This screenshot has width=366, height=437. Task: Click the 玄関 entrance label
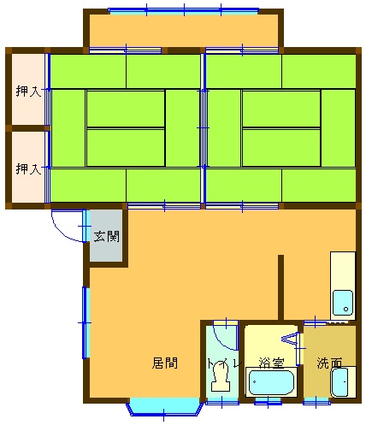click(x=106, y=236)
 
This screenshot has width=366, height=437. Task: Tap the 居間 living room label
click(x=165, y=363)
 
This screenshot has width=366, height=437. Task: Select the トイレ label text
click(x=225, y=363)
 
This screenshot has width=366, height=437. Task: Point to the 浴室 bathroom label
click(x=271, y=363)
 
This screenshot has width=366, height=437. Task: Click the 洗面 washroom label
click(x=329, y=363)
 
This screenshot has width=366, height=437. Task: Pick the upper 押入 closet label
click(x=28, y=92)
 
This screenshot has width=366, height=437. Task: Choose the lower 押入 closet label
click(x=28, y=168)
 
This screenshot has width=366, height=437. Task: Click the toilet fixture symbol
click(x=221, y=376)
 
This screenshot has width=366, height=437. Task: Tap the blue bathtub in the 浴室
click(x=271, y=382)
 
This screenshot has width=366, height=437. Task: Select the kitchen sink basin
click(x=343, y=303)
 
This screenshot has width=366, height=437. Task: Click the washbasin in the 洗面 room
click(x=340, y=382)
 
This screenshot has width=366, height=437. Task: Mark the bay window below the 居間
click(x=164, y=407)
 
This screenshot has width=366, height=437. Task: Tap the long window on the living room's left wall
click(x=86, y=322)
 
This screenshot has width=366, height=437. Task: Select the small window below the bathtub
click(x=268, y=402)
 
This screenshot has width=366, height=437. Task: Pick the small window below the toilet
click(x=222, y=402)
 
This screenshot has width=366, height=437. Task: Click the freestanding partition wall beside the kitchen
click(x=280, y=287)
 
